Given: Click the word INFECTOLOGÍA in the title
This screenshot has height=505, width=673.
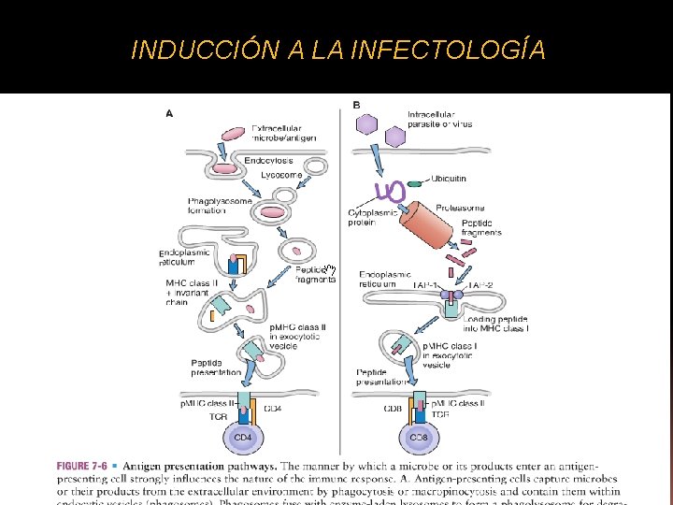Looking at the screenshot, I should [450, 50].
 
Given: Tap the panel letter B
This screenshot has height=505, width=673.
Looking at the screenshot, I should [356, 104].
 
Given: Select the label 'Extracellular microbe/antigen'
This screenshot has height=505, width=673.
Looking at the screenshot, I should [283, 133].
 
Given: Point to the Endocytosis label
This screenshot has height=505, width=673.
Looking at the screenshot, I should [268, 161].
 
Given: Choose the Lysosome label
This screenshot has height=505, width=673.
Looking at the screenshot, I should [281, 175].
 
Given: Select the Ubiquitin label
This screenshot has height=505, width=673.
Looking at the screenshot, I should [451, 178].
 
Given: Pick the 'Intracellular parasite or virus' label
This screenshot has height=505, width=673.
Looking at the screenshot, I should [439, 119].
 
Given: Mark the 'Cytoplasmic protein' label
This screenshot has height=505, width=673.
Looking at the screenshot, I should [372, 218].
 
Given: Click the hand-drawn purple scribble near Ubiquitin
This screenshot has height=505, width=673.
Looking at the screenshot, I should [389, 192].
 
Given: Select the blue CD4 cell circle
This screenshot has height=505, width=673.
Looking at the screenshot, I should [243, 437].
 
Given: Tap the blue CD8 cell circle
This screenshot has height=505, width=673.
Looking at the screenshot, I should [420, 437].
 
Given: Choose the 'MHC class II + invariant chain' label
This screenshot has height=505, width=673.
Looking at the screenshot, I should [187, 290].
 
